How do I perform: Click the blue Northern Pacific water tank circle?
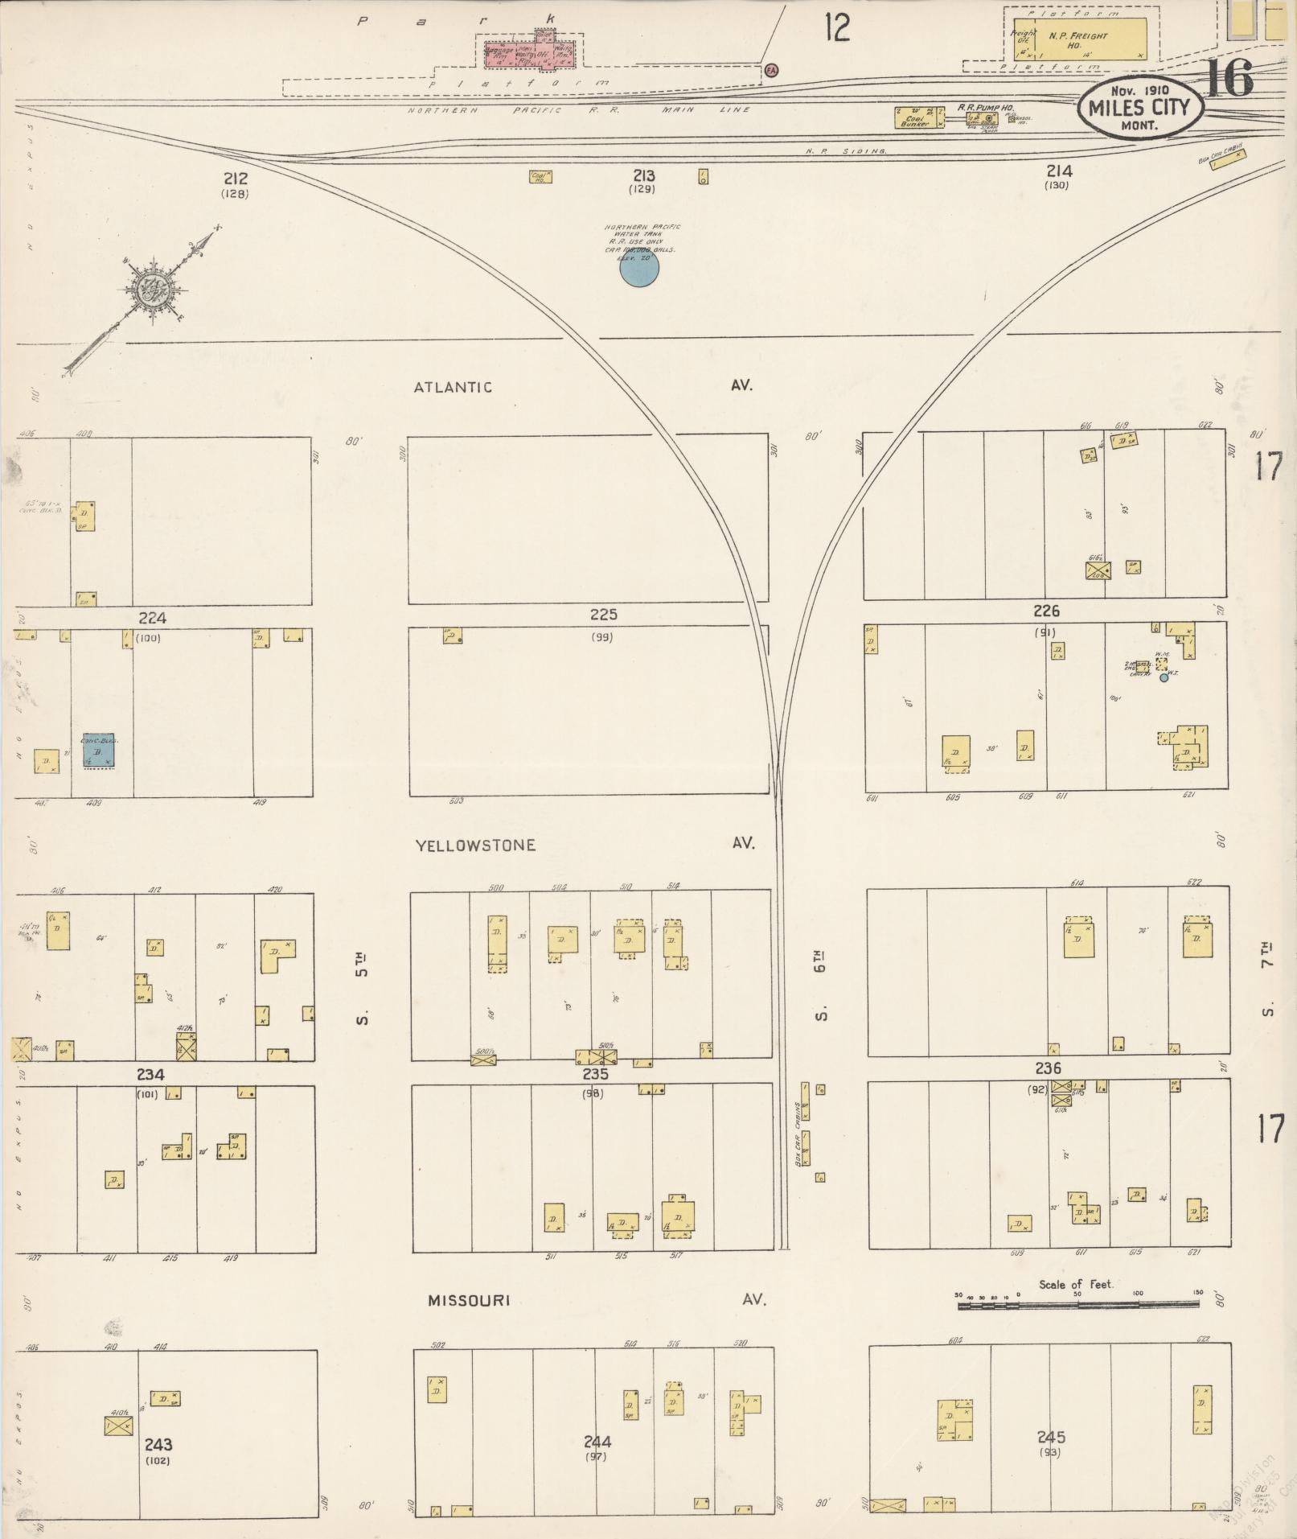(639, 269)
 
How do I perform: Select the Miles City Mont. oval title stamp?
(1141, 107)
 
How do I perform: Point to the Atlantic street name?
(453, 387)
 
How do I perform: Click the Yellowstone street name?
(475, 845)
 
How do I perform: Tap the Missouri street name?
(469, 1300)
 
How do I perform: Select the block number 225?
(603, 615)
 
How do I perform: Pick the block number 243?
(158, 1444)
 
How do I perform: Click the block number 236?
(1048, 1068)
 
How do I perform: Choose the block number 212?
(236, 179)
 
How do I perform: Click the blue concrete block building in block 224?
(100, 751)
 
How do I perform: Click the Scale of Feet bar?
(1077, 1304)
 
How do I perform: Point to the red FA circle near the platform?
(771, 70)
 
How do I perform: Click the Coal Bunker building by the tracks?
(917, 117)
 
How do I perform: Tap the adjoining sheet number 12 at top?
(836, 29)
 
